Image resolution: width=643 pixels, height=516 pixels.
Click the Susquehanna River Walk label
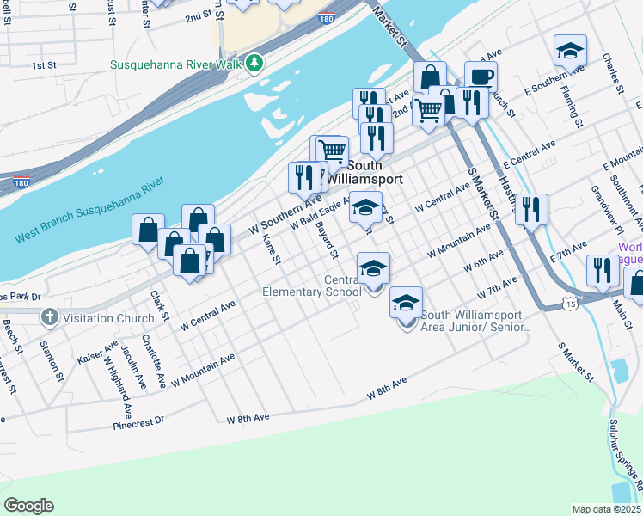pos(176,64)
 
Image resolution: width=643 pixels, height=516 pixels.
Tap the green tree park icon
pos(254,64)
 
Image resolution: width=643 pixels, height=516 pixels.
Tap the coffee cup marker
pos(481,77)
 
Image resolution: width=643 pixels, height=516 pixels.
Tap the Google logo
pos(28,506)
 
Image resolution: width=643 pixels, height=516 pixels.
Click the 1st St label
pos(44,65)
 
